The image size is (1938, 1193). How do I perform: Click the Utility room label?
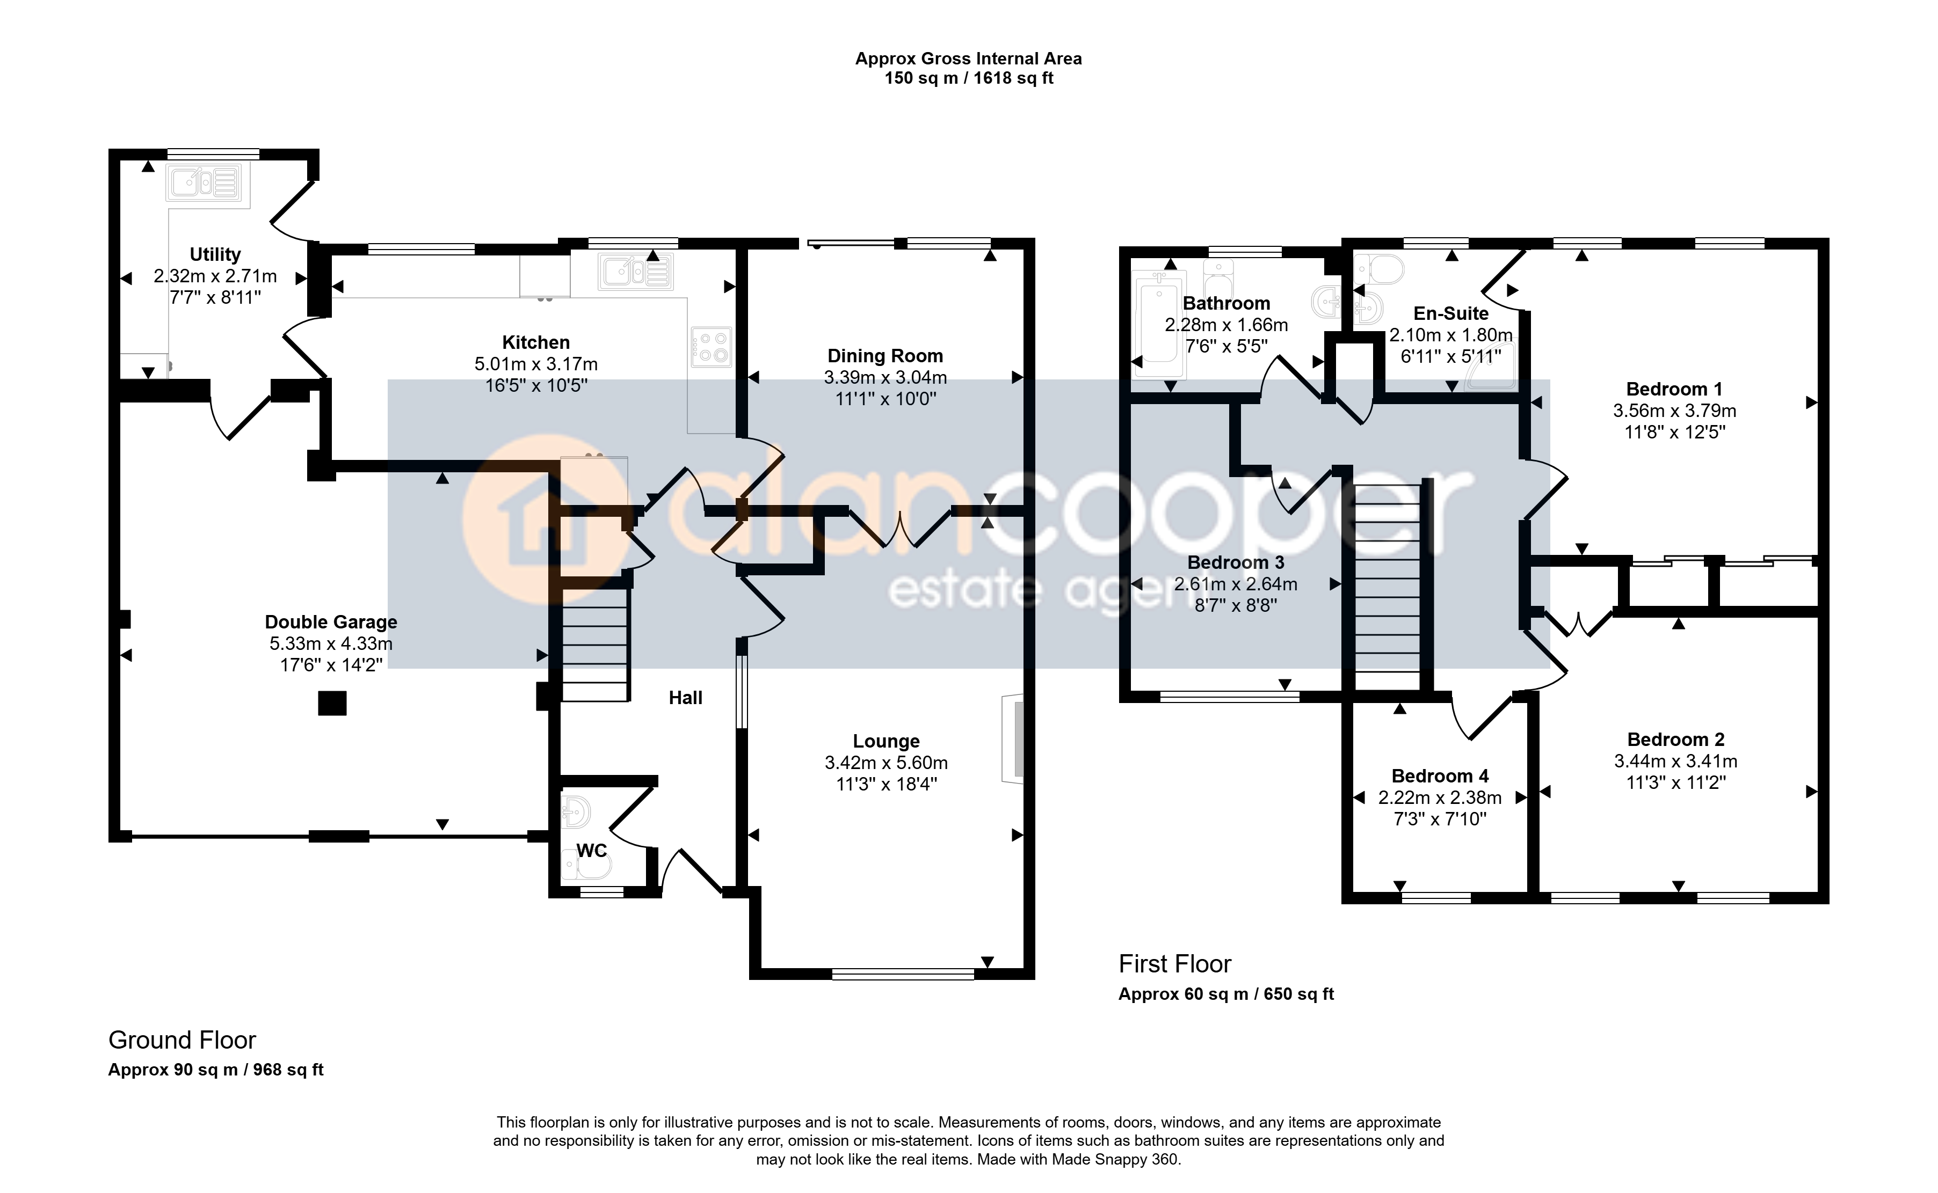[x=215, y=255]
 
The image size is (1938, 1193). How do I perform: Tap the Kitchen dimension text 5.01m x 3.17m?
[x=536, y=364]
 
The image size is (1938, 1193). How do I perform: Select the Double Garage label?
[x=331, y=622]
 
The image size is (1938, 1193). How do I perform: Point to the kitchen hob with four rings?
[x=712, y=348]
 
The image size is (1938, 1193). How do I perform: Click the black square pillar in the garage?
[x=332, y=703]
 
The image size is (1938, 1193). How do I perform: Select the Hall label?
[x=685, y=698]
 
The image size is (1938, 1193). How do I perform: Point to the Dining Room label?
[x=885, y=356]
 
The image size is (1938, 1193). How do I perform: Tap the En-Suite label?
[x=1451, y=313]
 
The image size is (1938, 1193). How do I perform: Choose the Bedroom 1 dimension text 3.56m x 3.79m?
[x=1674, y=411]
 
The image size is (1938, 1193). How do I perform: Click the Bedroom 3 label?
[x=1236, y=562]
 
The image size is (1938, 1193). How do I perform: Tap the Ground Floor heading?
[x=183, y=1040]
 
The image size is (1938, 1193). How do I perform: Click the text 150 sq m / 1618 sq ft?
[x=969, y=78]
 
